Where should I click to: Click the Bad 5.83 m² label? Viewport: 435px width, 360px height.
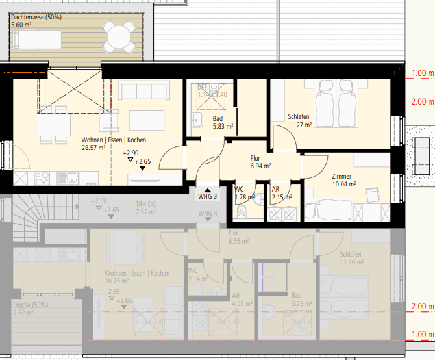tap(222, 123)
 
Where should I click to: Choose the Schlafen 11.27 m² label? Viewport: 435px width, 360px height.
tap(300, 121)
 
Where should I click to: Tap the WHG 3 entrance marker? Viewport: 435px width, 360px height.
tap(208, 196)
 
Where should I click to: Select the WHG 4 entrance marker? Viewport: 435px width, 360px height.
tap(208, 214)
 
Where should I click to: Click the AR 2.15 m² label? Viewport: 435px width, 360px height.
tap(281, 193)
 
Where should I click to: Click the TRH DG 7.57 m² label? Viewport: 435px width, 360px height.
tap(145, 207)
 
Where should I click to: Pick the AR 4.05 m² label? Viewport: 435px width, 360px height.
tap(242, 299)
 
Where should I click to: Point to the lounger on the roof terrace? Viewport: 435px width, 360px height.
tap(37, 38)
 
